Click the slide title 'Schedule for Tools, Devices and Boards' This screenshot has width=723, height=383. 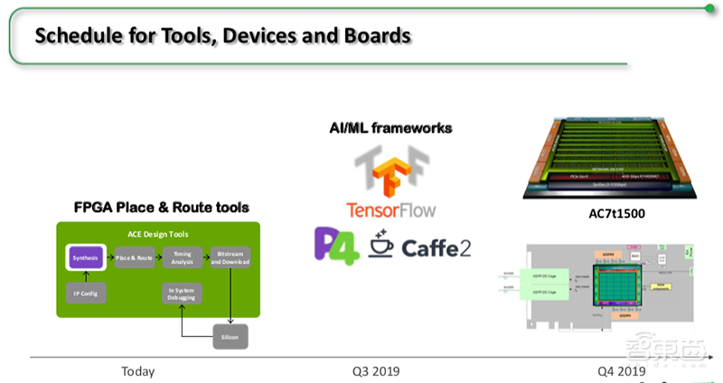[222, 36]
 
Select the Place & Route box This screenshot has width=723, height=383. [136, 258]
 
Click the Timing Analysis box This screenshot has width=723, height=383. [183, 257]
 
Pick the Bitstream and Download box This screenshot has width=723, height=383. [230, 257]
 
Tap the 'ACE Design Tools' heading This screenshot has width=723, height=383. [158, 233]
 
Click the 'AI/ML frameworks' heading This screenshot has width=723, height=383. [390, 129]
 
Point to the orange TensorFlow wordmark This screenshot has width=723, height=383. [390, 210]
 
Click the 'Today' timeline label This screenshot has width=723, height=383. [137, 371]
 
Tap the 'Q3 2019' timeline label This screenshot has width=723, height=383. [376, 371]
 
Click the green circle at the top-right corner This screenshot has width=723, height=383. [712, 9]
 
